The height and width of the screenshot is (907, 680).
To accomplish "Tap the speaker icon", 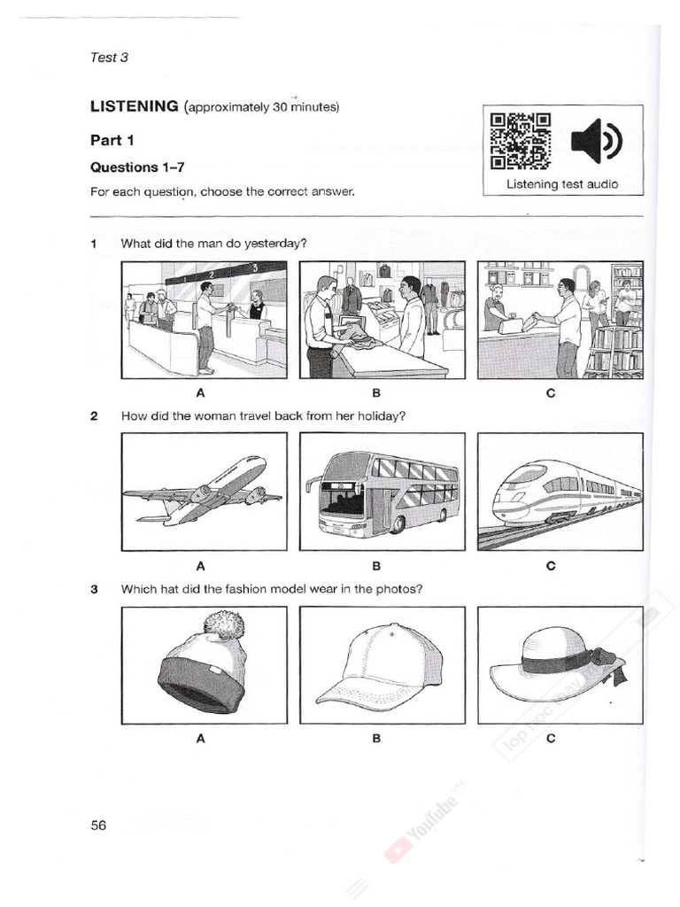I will [x=597, y=141].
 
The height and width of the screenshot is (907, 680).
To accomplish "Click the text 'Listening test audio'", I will [x=562, y=184].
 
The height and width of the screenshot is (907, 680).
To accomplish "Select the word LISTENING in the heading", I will [x=135, y=107].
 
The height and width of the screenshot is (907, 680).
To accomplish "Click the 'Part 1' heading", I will [x=112, y=140].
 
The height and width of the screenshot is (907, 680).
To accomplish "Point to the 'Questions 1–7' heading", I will [x=135, y=167].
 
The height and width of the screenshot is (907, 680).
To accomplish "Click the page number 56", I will [x=98, y=825].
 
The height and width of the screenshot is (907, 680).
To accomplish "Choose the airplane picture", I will [x=204, y=492].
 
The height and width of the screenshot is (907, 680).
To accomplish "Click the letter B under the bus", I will [x=376, y=565].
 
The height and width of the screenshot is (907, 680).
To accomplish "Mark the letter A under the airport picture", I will [x=201, y=392].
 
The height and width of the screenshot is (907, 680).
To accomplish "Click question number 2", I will [x=94, y=415].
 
